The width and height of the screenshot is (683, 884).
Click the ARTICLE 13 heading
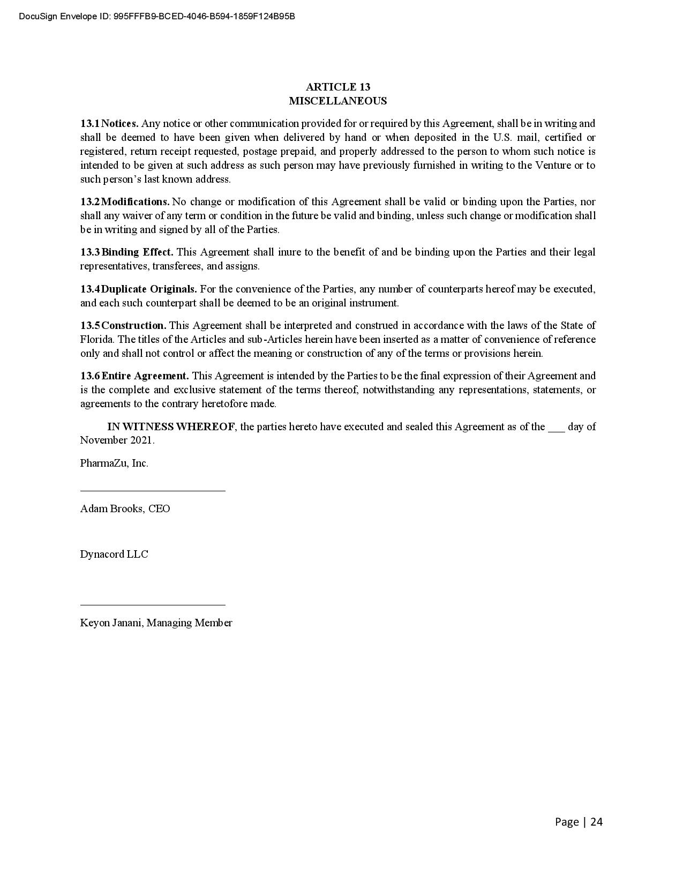pos(337,87)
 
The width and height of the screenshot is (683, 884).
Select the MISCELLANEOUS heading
pos(337,101)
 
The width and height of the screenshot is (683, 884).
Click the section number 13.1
pos(89,124)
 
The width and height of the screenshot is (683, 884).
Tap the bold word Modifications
pos(136,202)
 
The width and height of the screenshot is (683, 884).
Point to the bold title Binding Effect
pos(137,252)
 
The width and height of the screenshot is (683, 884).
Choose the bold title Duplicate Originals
pos(149,289)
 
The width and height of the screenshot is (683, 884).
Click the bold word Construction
pos(134,326)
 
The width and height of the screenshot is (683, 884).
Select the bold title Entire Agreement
pos(145,376)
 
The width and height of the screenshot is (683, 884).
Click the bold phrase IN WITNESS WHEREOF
pos(171,427)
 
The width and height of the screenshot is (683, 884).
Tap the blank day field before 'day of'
pos(556,428)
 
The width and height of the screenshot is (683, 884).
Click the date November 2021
pos(117,440)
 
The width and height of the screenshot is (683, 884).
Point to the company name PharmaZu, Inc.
pos(114,463)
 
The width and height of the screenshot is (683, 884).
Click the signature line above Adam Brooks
pos(153,490)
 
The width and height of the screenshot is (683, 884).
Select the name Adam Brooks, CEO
pos(125,509)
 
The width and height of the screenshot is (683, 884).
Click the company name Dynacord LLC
pos(114,555)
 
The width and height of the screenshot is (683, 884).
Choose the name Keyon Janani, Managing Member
pos(156,623)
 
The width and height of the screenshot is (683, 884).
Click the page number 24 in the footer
pos(596,822)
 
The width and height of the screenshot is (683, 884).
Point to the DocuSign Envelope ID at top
pos(157,17)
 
